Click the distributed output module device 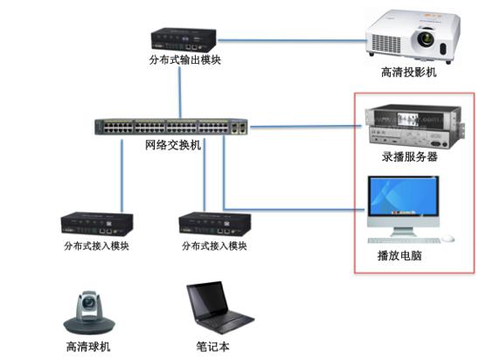(184, 39)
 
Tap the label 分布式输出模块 (184, 59)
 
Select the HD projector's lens (425, 38)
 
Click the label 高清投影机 (409, 72)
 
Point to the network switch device (171, 127)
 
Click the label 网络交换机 (173, 145)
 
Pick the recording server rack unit (415, 126)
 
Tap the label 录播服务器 (410, 156)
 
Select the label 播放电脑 (399, 255)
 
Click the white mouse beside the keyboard (448, 238)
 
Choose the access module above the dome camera (97, 224)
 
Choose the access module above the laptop (215, 225)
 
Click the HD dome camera (89, 312)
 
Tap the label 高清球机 (88, 347)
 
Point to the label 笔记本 (212, 347)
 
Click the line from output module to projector (292, 40)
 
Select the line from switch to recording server (306, 127)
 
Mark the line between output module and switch (180, 93)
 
